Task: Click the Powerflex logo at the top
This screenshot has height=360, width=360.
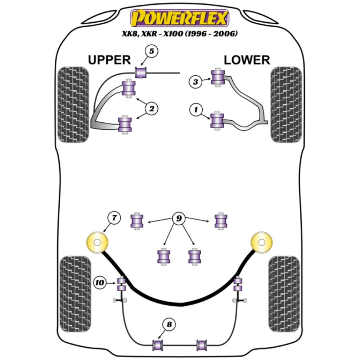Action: [x=180, y=18]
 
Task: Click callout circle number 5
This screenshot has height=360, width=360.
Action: [x=152, y=51]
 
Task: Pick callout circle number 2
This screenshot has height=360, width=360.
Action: [x=152, y=108]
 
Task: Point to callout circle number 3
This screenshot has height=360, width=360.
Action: [x=195, y=82]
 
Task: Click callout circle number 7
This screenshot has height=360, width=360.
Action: [x=114, y=217]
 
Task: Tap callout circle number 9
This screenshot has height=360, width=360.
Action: [x=178, y=218]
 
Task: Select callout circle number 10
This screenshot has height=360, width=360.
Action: [x=100, y=283]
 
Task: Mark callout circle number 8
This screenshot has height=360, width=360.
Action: [x=169, y=324]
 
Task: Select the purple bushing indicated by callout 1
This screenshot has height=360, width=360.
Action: [x=217, y=120]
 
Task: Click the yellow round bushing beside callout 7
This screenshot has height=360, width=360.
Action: [x=98, y=242]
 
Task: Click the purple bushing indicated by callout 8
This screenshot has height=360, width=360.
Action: [x=158, y=345]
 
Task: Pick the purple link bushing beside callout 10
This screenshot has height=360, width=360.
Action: [x=121, y=284]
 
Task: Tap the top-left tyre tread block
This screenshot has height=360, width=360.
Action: [x=73, y=104]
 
